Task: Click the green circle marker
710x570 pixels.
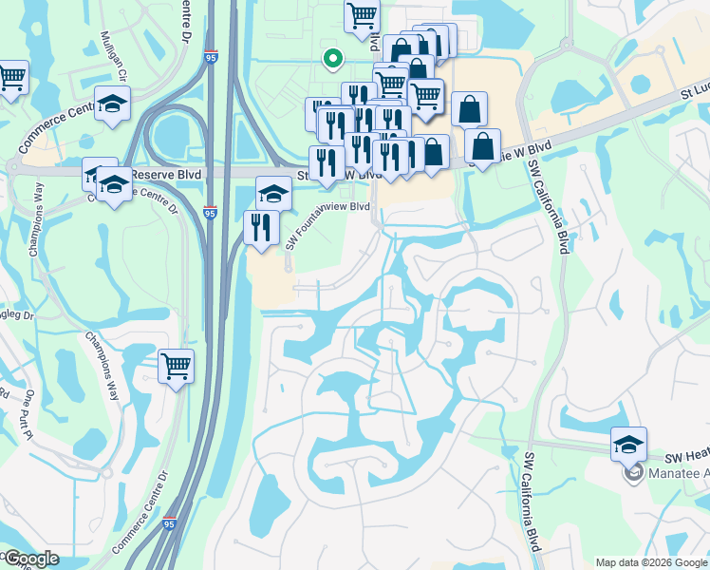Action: pyautogui.click(x=331, y=59)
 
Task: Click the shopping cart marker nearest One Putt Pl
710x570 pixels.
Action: pyautogui.click(x=176, y=366)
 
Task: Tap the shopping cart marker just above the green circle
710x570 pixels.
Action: pyautogui.click(x=362, y=15)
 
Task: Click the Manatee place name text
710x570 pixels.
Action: pyautogui.click(x=678, y=473)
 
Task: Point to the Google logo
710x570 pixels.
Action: pyautogui.click(x=31, y=559)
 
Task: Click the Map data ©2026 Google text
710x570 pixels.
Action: pyautogui.click(x=651, y=562)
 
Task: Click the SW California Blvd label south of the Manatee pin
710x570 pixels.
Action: pyautogui.click(x=532, y=503)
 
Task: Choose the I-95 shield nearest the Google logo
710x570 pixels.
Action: pyautogui.click(x=168, y=523)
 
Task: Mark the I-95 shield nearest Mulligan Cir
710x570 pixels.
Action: pyautogui.click(x=209, y=58)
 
